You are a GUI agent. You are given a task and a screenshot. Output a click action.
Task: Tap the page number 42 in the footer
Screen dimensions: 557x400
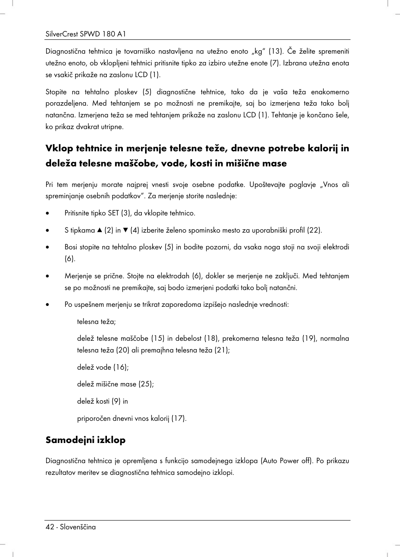pos(50,527)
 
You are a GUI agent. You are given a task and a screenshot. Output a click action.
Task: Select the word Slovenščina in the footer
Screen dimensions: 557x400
pos(78,527)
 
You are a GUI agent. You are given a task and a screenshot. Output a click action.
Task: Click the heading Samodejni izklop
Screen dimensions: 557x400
pos(86,440)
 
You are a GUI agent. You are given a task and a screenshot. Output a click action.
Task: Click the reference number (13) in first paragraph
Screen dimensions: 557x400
pos(276,52)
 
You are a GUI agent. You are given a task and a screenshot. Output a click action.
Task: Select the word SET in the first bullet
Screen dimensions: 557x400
pos(113,213)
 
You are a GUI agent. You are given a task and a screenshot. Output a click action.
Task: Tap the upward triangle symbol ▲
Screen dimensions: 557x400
pos(100,230)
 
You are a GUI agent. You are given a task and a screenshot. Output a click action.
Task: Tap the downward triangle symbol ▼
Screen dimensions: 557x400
pos(125,230)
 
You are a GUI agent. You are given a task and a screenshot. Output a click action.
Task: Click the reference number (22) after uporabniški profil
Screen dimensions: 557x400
pos(314,230)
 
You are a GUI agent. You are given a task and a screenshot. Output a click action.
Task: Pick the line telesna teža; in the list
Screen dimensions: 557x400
pos(96,321)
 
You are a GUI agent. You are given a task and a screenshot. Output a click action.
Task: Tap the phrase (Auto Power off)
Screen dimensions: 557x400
pos(287,461)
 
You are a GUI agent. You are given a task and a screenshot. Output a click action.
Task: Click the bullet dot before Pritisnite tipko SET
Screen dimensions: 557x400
pos(48,213)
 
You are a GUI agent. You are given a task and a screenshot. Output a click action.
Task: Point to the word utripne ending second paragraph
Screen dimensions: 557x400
pos(111,127)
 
